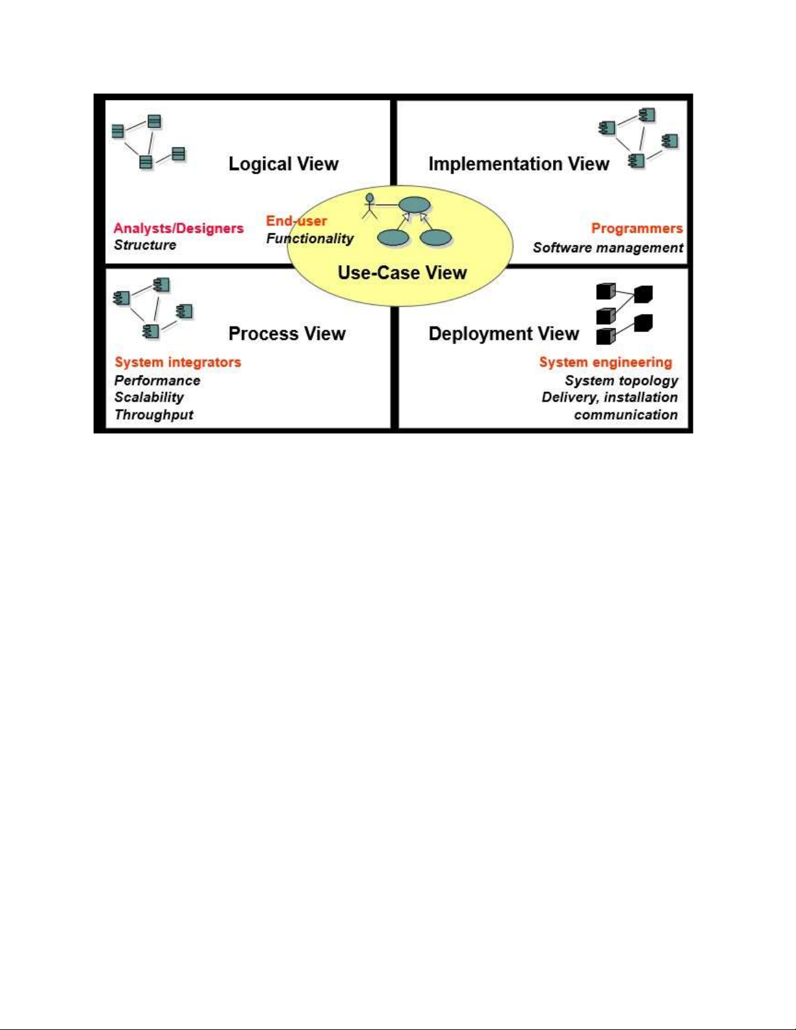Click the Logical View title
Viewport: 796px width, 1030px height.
283,164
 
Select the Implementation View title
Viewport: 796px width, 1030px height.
519,164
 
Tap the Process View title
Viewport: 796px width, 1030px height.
287,333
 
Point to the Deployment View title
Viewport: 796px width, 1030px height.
504,333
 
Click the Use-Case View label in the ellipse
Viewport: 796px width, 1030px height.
402,272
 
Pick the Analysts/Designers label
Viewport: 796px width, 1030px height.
179,228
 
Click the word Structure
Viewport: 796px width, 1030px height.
145,245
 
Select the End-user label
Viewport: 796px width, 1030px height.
296,221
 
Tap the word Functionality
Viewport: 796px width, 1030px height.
310,238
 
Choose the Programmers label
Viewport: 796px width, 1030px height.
637,228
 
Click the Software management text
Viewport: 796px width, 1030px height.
608,248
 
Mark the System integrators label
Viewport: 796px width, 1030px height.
178,362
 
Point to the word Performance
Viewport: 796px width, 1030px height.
157,380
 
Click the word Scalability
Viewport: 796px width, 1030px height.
149,397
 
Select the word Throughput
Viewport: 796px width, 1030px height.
154,415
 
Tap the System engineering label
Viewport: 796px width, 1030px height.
606,362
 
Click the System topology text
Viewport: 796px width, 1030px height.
621,380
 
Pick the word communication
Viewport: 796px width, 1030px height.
626,415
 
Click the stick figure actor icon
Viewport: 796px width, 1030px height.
370,205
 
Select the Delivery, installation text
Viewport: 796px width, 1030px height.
610,397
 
